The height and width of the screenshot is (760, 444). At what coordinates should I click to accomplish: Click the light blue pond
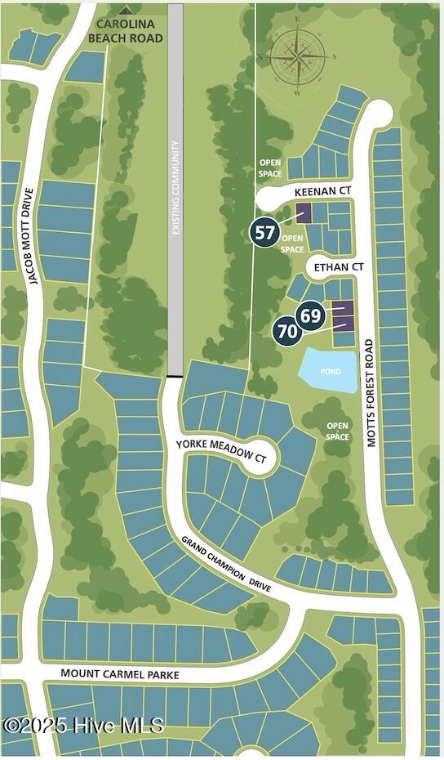(329, 370)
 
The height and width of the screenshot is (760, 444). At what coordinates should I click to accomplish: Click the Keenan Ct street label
(322, 190)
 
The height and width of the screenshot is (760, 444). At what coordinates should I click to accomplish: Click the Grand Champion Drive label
(226, 565)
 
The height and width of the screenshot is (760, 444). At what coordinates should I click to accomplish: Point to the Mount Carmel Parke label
(120, 674)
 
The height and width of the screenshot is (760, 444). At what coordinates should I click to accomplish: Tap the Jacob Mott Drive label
(31, 237)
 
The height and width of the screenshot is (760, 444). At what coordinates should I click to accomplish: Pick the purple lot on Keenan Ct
(303, 214)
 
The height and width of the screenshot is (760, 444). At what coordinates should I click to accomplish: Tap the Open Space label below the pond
(338, 431)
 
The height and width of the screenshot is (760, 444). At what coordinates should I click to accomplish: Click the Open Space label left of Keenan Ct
(270, 168)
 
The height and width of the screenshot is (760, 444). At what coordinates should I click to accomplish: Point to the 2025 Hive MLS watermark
(83, 725)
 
